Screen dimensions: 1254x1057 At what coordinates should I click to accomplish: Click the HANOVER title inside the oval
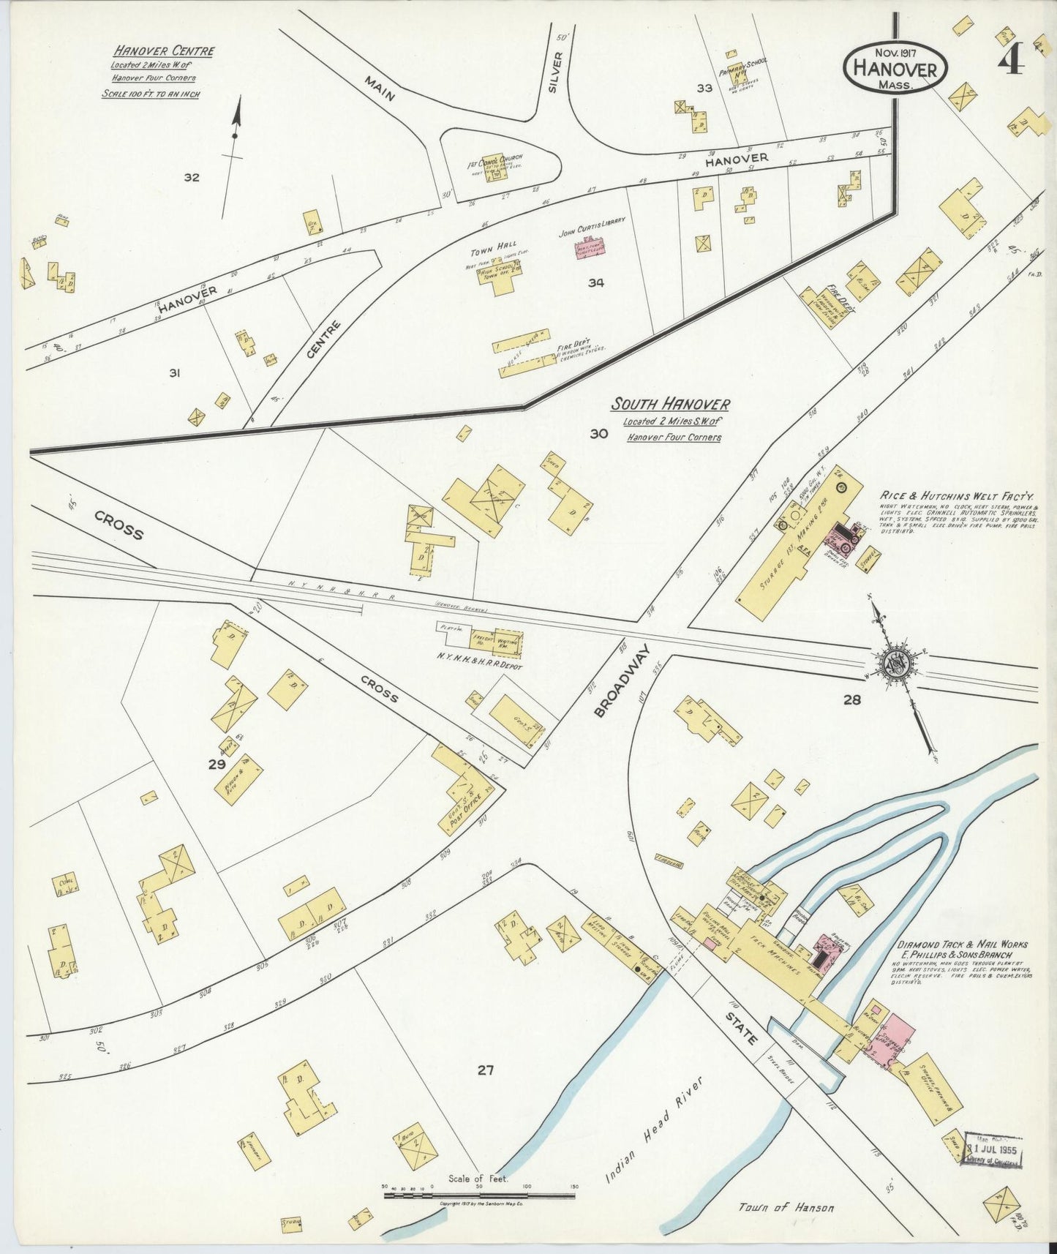click(x=897, y=70)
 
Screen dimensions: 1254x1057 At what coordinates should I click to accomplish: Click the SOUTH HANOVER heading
click(x=670, y=404)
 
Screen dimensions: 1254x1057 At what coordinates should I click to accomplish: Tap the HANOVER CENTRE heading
click(x=164, y=51)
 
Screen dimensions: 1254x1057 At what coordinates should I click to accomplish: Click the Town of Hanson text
click(x=786, y=1207)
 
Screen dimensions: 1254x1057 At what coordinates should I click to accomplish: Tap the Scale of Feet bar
click(x=480, y=1195)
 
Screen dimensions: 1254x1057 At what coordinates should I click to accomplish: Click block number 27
click(x=485, y=1070)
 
